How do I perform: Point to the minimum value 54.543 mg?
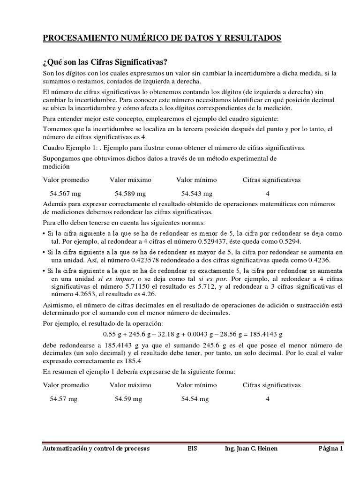tap(197, 193)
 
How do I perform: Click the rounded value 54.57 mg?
tap(64, 399)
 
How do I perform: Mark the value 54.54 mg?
tap(195, 399)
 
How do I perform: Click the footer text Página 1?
tap(331, 449)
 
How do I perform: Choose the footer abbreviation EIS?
tap(191, 449)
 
